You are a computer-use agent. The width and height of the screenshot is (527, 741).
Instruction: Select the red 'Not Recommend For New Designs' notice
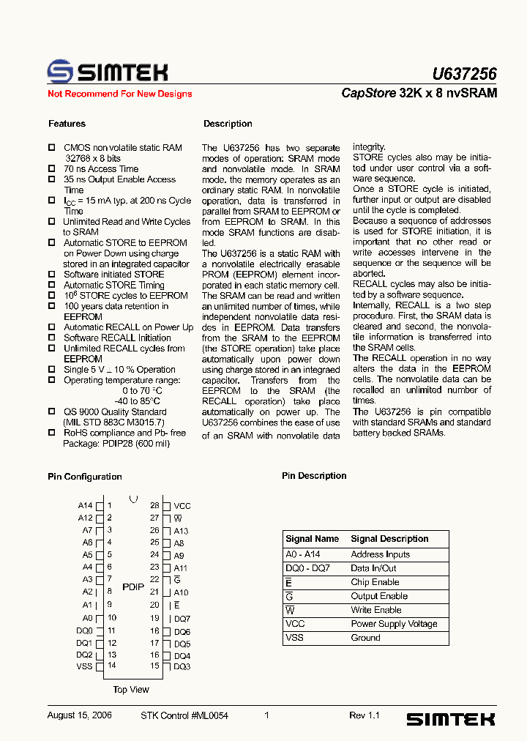click(120, 94)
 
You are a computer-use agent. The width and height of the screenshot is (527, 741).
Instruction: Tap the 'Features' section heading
click(67, 124)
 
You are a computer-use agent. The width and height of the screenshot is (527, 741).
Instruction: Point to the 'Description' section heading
click(228, 124)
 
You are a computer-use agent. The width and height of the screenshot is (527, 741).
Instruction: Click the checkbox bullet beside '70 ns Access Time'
click(51, 169)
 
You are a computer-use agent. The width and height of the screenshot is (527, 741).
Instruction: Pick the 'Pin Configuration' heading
click(85, 477)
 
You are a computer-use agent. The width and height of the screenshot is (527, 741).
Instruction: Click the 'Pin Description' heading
click(314, 476)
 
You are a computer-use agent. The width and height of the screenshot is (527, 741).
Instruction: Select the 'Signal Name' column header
click(313, 539)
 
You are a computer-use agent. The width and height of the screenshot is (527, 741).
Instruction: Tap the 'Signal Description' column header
click(389, 539)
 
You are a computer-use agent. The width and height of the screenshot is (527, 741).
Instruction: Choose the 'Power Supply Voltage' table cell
click(394, 624)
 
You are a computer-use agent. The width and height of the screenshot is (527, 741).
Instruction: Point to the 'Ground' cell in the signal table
click(365, 638)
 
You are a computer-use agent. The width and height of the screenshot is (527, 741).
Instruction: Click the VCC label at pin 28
click(182, 506)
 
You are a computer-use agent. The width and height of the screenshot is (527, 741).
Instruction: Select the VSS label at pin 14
click(84, 666)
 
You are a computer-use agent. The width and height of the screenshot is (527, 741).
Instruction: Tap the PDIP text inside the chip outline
click(133, 587)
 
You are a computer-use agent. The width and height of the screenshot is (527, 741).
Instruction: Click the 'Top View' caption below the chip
click(131, 690)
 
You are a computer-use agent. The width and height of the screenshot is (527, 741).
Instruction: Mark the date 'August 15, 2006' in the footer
click(79, 715)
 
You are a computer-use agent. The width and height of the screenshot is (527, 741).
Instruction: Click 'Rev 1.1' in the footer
click(364, 715)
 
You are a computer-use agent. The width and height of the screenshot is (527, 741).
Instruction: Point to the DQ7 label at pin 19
click(182, 619)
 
